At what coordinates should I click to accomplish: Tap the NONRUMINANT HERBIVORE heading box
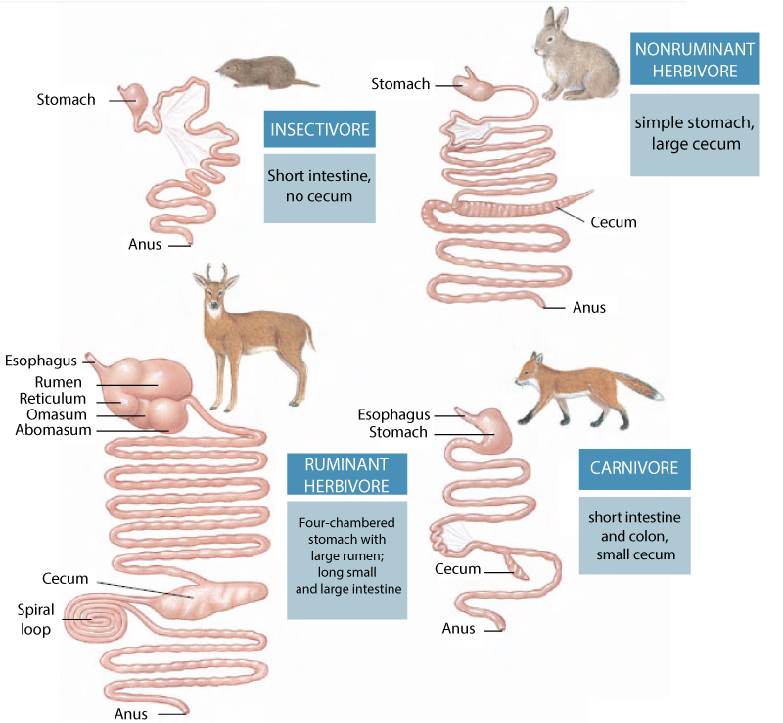pyautogui.click(x=694, y=60)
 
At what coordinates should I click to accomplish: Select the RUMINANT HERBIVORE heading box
pyautogui.click(x=346, y=474)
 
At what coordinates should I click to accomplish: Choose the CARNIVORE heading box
pyautogui.click(x=633, y=468)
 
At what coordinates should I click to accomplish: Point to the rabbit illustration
pyautogui.click(x=574, y=57)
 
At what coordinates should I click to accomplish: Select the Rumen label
pyautogui.click(x=58, y=382)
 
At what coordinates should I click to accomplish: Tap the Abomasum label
pyautogui.click(x=53, y=430)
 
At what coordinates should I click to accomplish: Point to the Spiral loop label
pyautogui.click(x=35, y=619)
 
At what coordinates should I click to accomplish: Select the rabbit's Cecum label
pyautogui.click(x=614, y=222)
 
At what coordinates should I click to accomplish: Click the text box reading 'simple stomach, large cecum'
pyautogui.click(x=694, y=135)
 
